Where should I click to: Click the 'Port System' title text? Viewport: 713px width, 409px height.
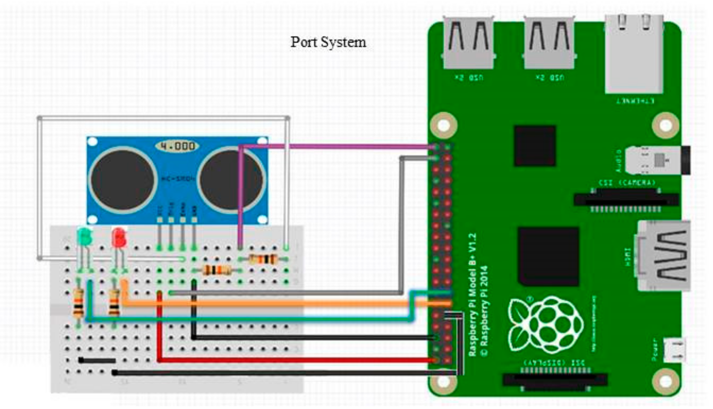pyautogui.click(x=328, y=42)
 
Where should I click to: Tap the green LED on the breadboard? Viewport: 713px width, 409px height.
pyautogui.click(x=85, y=237)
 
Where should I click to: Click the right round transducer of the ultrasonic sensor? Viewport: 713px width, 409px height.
pyautogui.click(x=231, y=179)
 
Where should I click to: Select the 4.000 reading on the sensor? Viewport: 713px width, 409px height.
pyautogui.click(x=177, y=146)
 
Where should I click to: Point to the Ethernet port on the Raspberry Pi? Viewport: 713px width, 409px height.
pyautogui.click(x=634, y=54)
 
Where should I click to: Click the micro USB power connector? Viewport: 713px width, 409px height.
pyautogui.click(x=674, y=350)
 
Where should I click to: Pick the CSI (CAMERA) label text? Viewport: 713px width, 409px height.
pyautogui.click(x=627, y=183)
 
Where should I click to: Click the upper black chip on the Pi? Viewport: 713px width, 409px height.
pyautogui.click(x=535, y=146)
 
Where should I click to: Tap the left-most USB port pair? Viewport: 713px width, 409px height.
pyautogui.click(x=468, y=43)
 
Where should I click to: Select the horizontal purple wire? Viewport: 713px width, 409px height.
pyautogui.click(x=338, y=146)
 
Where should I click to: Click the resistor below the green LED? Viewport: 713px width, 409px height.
pyautogui.click(x=78, y=303)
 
